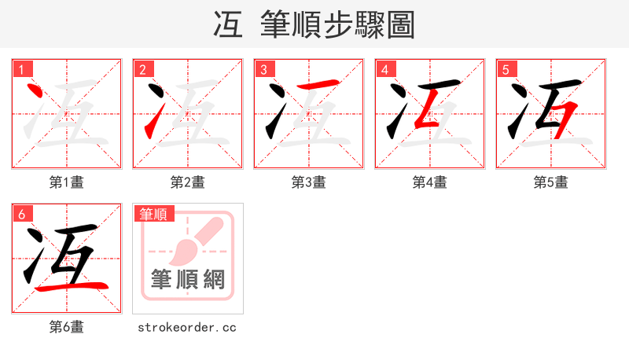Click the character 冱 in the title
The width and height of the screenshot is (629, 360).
tap(228, 24)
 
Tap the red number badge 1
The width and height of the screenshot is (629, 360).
tap(21, 69)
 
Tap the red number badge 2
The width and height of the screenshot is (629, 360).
tap(142, 69)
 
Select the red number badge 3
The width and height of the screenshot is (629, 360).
tap(263, 69)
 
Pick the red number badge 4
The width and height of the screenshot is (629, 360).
tap(384, 69)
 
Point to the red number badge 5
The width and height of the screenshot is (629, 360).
tap(506, 69)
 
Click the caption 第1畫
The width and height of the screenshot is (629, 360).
tap(67, 182)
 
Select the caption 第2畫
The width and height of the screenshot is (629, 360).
tap(188, 182)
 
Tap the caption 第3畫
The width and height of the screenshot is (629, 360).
tap(309, 182)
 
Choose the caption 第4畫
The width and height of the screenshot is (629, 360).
tap(430, 182)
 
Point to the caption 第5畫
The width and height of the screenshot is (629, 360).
tap(551, 182)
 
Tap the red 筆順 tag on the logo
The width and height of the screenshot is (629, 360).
tap(154, 214)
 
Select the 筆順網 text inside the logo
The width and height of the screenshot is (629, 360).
tap(188, 279)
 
